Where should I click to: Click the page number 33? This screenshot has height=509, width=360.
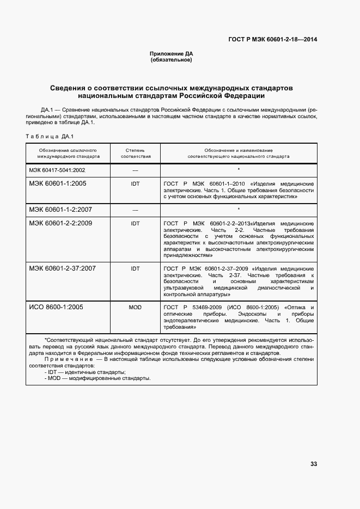(313, 464)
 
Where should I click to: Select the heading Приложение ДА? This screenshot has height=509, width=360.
(171, 54)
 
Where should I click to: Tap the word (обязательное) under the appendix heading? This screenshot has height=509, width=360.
(171, 59)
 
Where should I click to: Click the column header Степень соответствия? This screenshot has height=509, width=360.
(135, 153)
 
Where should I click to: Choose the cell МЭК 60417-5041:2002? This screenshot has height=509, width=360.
(57, 170)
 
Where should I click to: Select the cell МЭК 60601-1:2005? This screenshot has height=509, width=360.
(58, 183)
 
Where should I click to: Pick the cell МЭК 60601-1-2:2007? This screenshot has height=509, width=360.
(60, 209)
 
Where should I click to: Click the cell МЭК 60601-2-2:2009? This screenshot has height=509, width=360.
(60, 223)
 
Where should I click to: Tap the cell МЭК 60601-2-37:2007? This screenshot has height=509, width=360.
(62, 268)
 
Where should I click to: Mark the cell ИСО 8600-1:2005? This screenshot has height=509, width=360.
(56, 307)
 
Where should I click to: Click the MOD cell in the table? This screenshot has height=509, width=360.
(135, 308)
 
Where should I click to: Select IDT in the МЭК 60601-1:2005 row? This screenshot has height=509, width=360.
(135, 184)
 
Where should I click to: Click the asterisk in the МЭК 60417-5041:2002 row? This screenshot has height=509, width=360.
(239, 170)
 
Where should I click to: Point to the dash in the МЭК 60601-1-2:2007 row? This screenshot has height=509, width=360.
(135, 210)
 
